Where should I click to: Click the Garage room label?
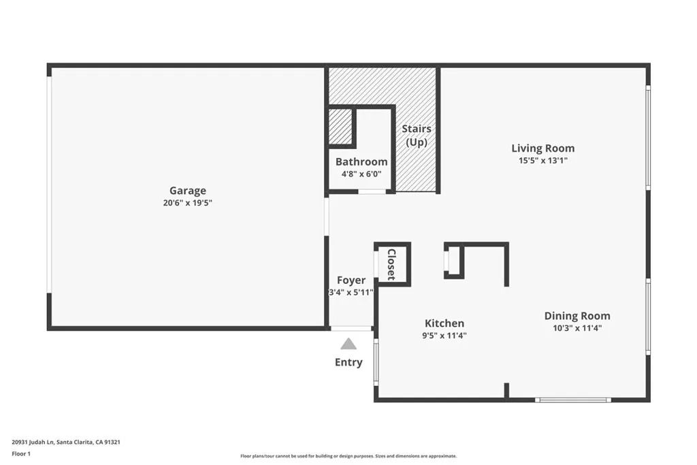tap(187, 191)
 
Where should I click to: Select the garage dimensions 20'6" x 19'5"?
tap(187, 203)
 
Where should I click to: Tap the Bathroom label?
tap(361, 161)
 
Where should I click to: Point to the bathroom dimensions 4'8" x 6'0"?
tap(361, 174)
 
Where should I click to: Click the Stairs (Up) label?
tap(416, 135)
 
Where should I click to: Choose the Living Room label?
tap(542, 148)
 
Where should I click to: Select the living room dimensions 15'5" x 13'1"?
tap(542, 161)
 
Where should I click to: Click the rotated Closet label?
tap(391, 264)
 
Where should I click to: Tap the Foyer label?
tap(351, 280)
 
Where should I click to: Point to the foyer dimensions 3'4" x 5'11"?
tap(351, 293)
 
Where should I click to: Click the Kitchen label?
tap(444, 323)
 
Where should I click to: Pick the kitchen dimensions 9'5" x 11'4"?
tap(444, 335)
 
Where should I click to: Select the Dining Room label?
tap(577, 315)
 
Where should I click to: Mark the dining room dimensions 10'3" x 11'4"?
tap(577, 327)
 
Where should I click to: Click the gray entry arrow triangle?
tap(348, 344)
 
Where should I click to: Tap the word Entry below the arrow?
tap(348, 362)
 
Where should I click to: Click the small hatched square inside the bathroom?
tap(340, 127)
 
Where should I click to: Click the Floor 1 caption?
tap(21, 453)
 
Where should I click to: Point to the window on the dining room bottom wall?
tap(572, 400)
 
